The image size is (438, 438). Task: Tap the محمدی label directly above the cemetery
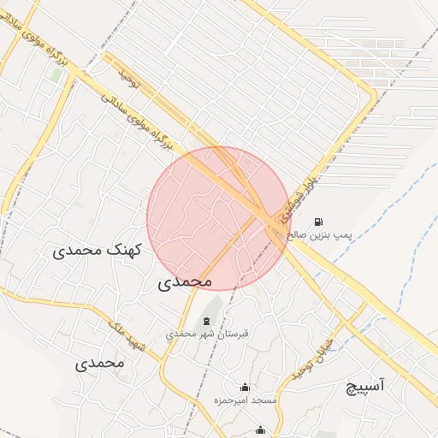[x=185, y=281]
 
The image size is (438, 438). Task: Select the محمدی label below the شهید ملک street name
[x=99, y=362]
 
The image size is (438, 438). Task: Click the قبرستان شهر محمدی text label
[x=208, y=334]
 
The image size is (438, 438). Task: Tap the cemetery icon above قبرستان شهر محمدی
[x=205, y=321]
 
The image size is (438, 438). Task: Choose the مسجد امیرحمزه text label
[x=245, y=400]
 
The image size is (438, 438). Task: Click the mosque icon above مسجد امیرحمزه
[x=246, y=387]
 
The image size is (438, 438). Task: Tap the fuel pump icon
[x=319, y=220]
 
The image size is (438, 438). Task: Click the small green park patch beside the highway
[x=56, y=74]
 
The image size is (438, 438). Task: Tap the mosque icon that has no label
[x=261, y=430]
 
